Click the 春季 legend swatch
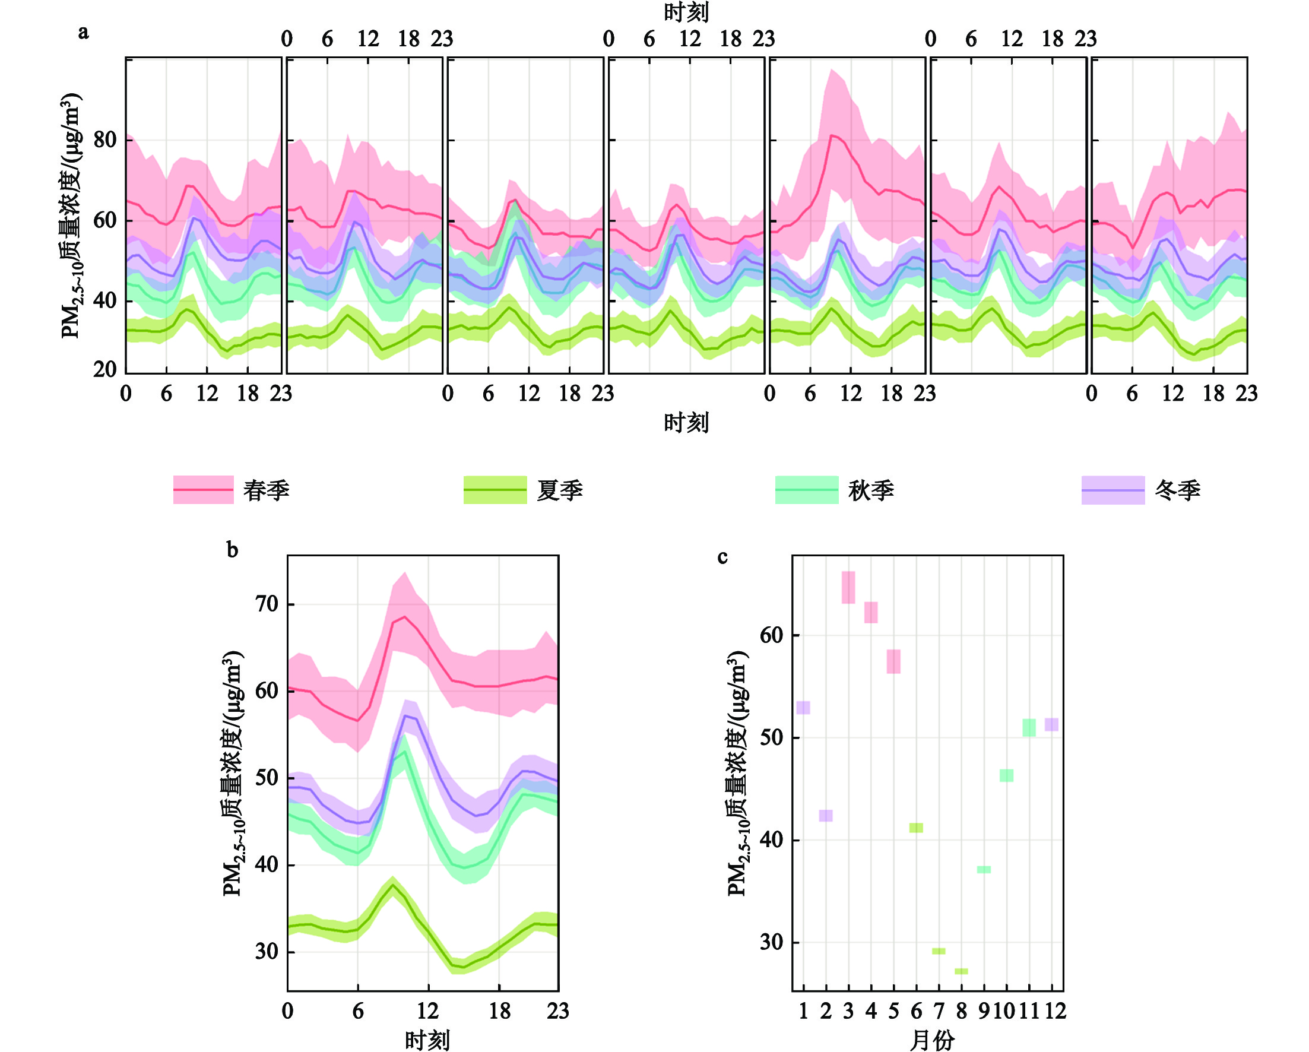[204, 490]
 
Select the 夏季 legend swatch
[495, 490]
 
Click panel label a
[83, 32]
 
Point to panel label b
[232, 550]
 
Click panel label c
[722, 557]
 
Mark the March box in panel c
[848, 588]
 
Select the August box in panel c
[961, 971]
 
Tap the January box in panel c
[803, 708]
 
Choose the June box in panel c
[916, 828]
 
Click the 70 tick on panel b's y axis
[267, 604]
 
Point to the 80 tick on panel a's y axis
[105, 140]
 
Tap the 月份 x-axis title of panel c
[933, 1041]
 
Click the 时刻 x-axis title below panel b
[427, 1041]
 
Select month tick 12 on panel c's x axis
[1056, 1011]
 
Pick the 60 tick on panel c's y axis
[771, 636]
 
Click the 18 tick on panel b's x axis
[499, 1011]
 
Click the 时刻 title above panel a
[686, 12]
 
